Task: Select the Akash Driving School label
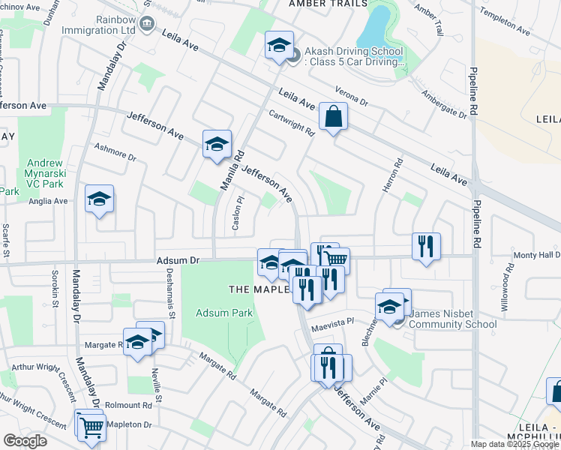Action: click(x=353, y=57)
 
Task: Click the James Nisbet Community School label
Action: click(x=448, y=319)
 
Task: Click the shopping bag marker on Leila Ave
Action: click(x=333, y=117)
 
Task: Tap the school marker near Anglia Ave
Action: click(x=99, y=199)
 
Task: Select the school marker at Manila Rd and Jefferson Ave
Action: click(x=217, y=144)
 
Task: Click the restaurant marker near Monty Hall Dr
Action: click(x=426, y=246)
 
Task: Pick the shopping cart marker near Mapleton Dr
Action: click(x=91, y=427)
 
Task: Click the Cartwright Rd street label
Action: click(x=292, y=123)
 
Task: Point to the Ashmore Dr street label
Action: click(x=115, y=152)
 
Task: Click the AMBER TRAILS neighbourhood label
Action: click(x=328, y=4)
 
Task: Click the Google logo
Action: click(x=25, y=441)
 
